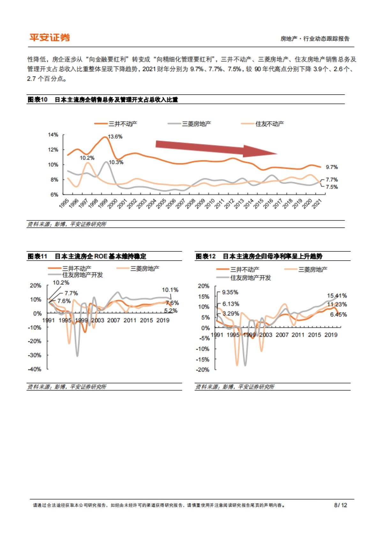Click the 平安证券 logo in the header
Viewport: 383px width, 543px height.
tap(50, 38)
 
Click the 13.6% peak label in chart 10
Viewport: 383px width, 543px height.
tap(115, 137)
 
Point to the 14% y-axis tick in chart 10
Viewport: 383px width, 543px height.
tap(53, 135)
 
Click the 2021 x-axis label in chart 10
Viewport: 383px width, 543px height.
tap(317, 204)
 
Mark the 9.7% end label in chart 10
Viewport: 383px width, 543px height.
tap(332, 167)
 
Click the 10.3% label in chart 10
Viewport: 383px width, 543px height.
tap(116, 162)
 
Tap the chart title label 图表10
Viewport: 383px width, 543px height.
tap(37, 99)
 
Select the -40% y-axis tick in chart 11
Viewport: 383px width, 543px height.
tap(34, 369)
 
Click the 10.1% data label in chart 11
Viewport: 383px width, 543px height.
tap(170, 290)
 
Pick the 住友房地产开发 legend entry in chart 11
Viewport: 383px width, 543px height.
tap(82, 275)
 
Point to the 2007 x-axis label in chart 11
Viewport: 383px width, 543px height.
tap(113, 320)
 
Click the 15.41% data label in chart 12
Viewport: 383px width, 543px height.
tap(337, 295)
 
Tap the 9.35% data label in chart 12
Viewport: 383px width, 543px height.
tap(230, 292)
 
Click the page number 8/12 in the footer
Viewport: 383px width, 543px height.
tap(340, 505)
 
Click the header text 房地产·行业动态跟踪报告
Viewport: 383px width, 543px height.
tap(315, 39)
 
